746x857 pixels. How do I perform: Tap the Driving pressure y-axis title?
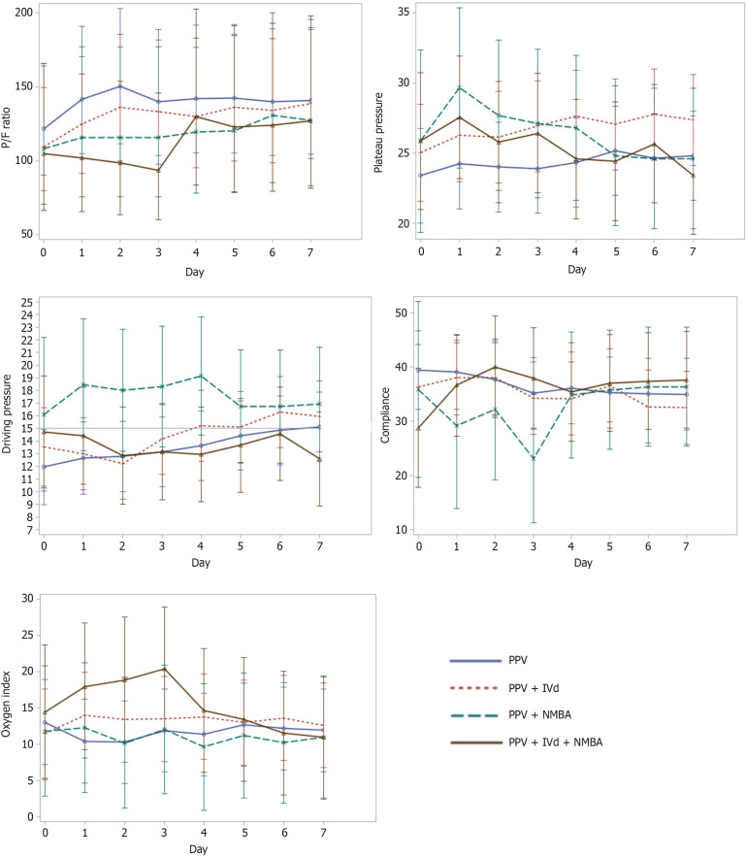click(x=10, y=422)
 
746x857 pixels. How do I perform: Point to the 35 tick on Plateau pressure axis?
click(x=403, y=13)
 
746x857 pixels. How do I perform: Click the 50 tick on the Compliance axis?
click(x=403, y=313)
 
